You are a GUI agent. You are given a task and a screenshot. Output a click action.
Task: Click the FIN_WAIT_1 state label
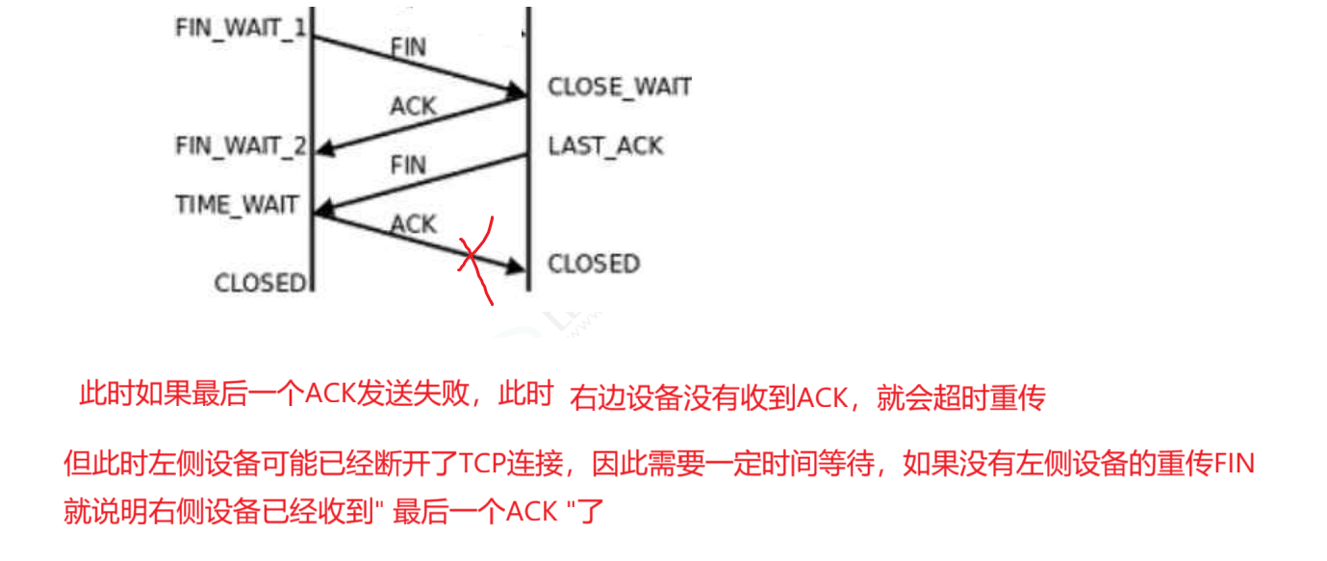pos(241,27)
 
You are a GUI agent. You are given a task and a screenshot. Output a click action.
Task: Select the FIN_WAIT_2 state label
pos(241,146)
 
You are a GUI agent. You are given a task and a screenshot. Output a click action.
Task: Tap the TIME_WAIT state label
pos(237,205)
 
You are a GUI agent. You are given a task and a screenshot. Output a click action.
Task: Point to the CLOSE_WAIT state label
pos(620,88)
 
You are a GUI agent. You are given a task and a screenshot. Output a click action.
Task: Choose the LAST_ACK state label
pos(605,146)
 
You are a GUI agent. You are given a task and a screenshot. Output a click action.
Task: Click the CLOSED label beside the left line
pos(259,283)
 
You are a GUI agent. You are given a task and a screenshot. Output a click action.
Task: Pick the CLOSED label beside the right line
pos(594,264)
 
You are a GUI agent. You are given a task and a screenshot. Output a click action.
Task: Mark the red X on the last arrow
pos(472,257)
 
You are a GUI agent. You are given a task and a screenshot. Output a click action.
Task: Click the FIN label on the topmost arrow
pos(409,46)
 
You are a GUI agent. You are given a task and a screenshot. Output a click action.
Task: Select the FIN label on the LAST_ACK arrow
pos(409,166)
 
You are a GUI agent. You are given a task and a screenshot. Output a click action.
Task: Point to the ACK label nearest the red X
pos(414,224)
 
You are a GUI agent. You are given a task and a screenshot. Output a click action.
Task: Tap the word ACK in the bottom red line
pos(532,510)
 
